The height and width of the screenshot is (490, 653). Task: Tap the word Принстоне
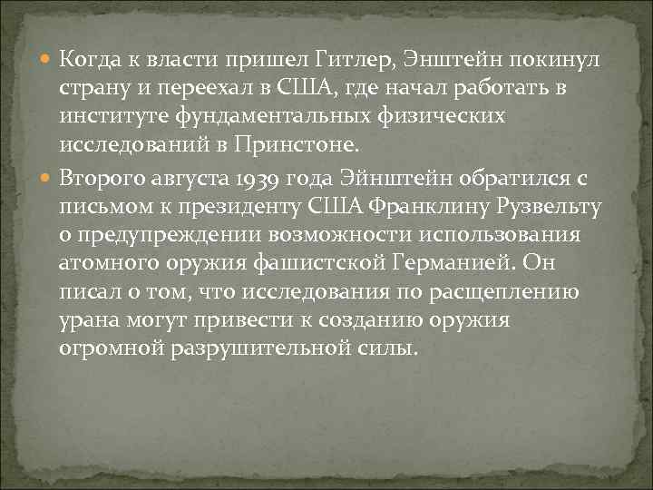click(x=313, y=143)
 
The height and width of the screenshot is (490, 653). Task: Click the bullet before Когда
click(x=47, y=61)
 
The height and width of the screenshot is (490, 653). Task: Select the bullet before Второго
click(x=47, y=179)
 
